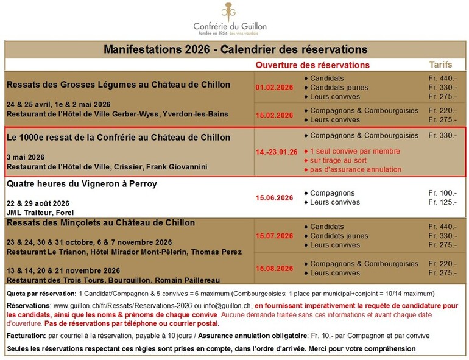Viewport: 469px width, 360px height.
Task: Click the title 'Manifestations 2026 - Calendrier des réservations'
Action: [235, 49]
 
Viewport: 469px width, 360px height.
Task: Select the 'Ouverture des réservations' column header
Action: [312, 65]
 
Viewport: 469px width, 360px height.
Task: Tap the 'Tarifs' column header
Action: [441, 64]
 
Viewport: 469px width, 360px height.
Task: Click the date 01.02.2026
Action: [273, 87]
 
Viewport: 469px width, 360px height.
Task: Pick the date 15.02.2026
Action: [273, 115]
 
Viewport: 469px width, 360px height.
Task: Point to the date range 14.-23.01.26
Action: [277, 152]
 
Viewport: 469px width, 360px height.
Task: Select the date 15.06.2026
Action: [273, 198]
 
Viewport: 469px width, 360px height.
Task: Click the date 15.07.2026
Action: [273, 236]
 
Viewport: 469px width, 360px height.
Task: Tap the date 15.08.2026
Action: [273, 268]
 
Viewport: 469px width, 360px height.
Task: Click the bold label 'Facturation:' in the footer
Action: [27, 336]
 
